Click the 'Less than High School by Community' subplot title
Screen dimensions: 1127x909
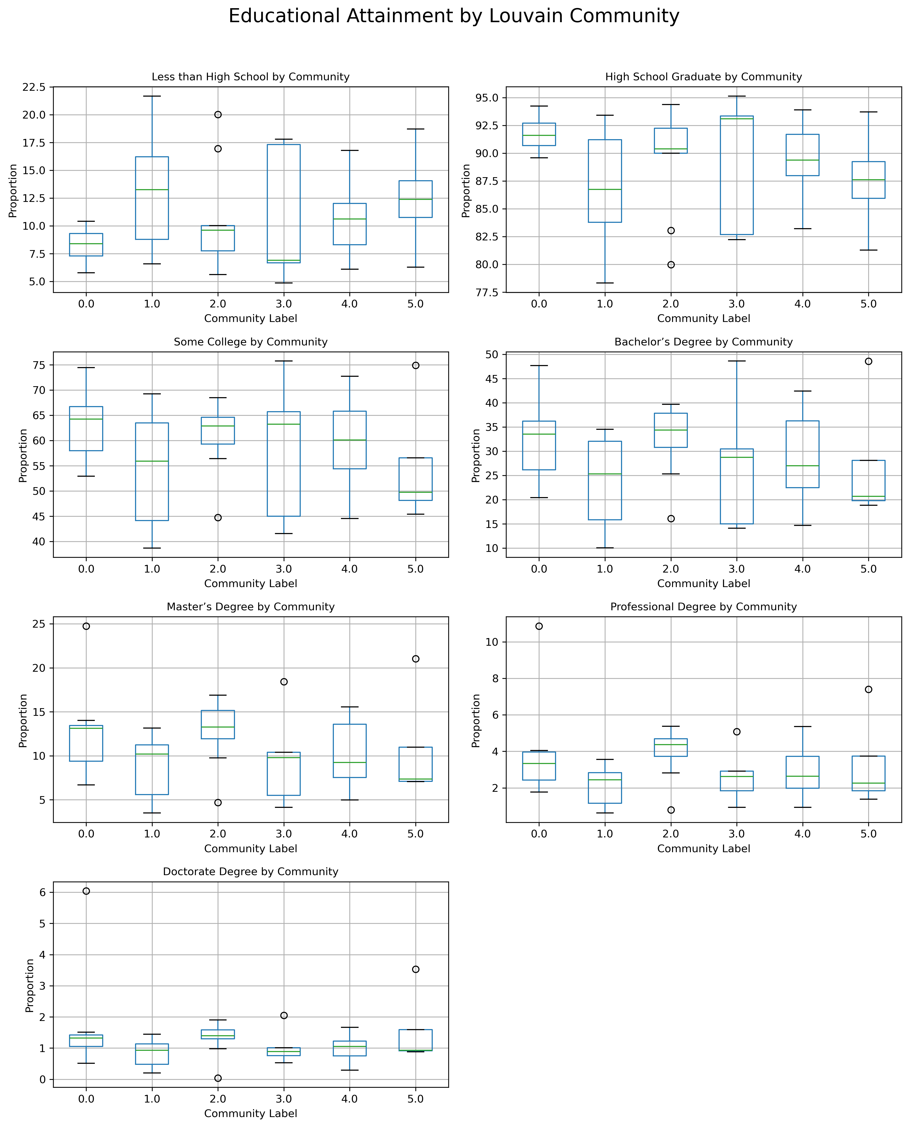[250, 77]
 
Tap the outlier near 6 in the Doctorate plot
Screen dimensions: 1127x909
[86, 891]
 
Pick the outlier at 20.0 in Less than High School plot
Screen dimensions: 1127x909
[218, 115]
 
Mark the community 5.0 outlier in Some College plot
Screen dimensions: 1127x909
[416, 366]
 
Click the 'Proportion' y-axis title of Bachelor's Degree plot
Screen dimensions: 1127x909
[476, 455]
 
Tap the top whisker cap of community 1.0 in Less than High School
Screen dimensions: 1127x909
[152, 96]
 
